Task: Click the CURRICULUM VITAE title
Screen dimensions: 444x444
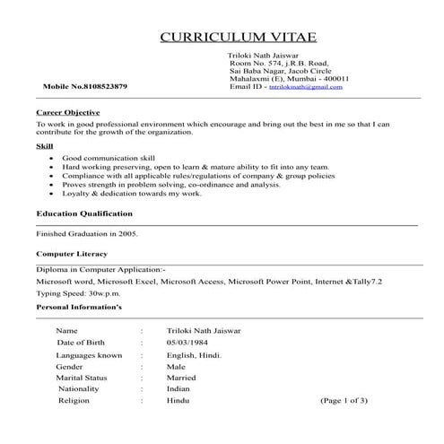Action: (x=238, y=37)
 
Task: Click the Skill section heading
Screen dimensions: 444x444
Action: (x=44, y=144)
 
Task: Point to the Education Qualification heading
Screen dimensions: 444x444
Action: (x=84, y=214)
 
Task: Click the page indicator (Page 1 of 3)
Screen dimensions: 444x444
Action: (x=344, y=401)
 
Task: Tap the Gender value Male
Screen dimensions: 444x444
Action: (x=176, y=366)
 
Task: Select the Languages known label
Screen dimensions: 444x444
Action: (x=89, y=355)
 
